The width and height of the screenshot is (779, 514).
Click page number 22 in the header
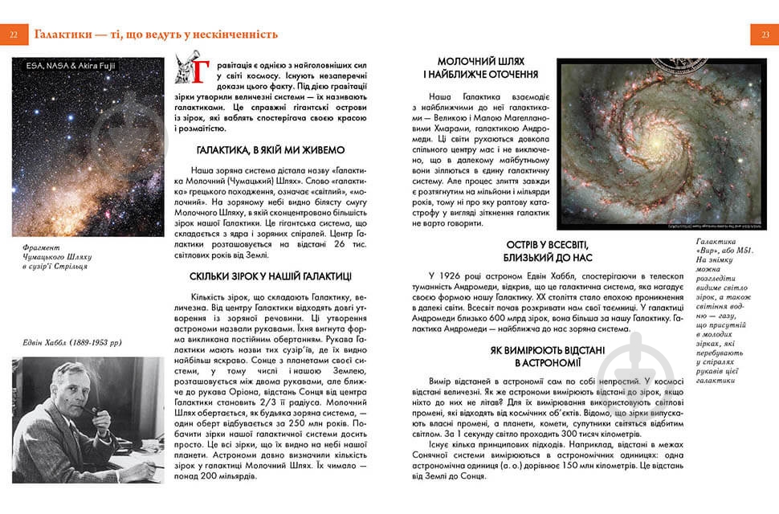(14, 35)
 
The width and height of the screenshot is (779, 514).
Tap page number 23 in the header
(765, 35)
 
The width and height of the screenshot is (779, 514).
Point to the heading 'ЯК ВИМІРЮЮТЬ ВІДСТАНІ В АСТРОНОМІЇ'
(546, 357)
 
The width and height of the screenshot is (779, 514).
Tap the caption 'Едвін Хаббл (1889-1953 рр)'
(71, 344)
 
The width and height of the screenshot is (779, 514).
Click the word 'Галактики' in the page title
(60, 35)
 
